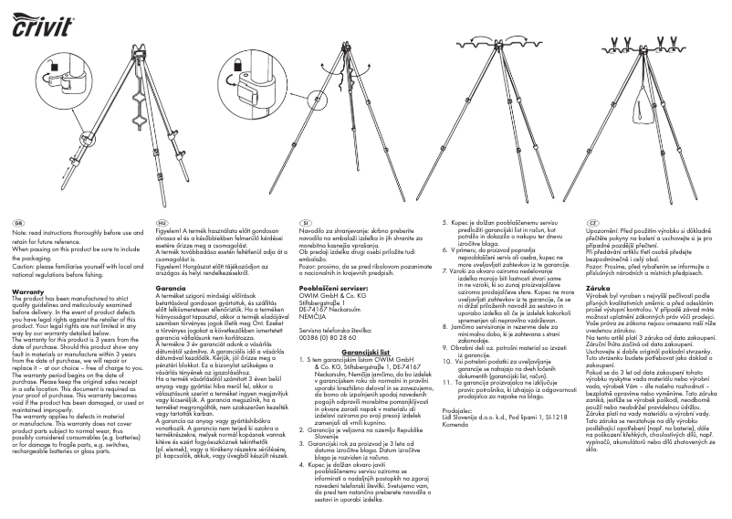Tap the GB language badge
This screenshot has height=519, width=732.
[18, 224]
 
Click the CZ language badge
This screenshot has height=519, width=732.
[592, 224]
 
